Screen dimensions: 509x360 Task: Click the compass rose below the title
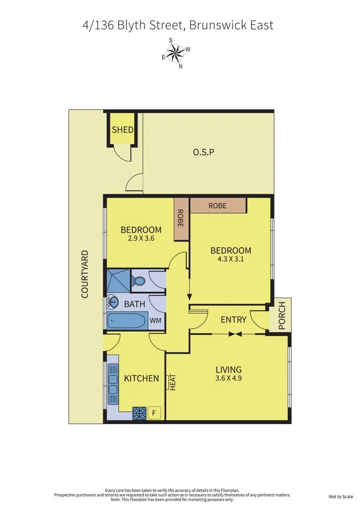point(176,54)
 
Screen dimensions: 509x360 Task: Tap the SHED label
point(123,130)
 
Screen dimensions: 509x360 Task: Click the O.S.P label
point(204,152)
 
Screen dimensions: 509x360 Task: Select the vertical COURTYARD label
point(85,274)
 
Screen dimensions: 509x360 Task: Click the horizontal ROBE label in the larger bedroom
point(218,206)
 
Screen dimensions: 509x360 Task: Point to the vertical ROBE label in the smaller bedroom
point(181,219)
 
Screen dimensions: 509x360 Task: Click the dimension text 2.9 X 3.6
point(141,239)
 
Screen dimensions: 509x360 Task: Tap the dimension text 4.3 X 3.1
point(231,260)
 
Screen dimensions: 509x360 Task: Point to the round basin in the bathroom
point(112,302)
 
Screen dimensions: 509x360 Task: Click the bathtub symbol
point(128,322)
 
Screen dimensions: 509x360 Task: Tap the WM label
point(156,321)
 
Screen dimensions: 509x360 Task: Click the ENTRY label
point(233,320)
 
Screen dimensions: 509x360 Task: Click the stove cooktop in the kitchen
point(139,413)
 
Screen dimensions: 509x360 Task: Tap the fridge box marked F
point(154,413)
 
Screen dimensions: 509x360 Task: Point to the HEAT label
point(172,383)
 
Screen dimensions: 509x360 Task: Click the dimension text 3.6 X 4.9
point(228,379)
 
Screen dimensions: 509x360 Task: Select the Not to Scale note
point(341,497)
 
